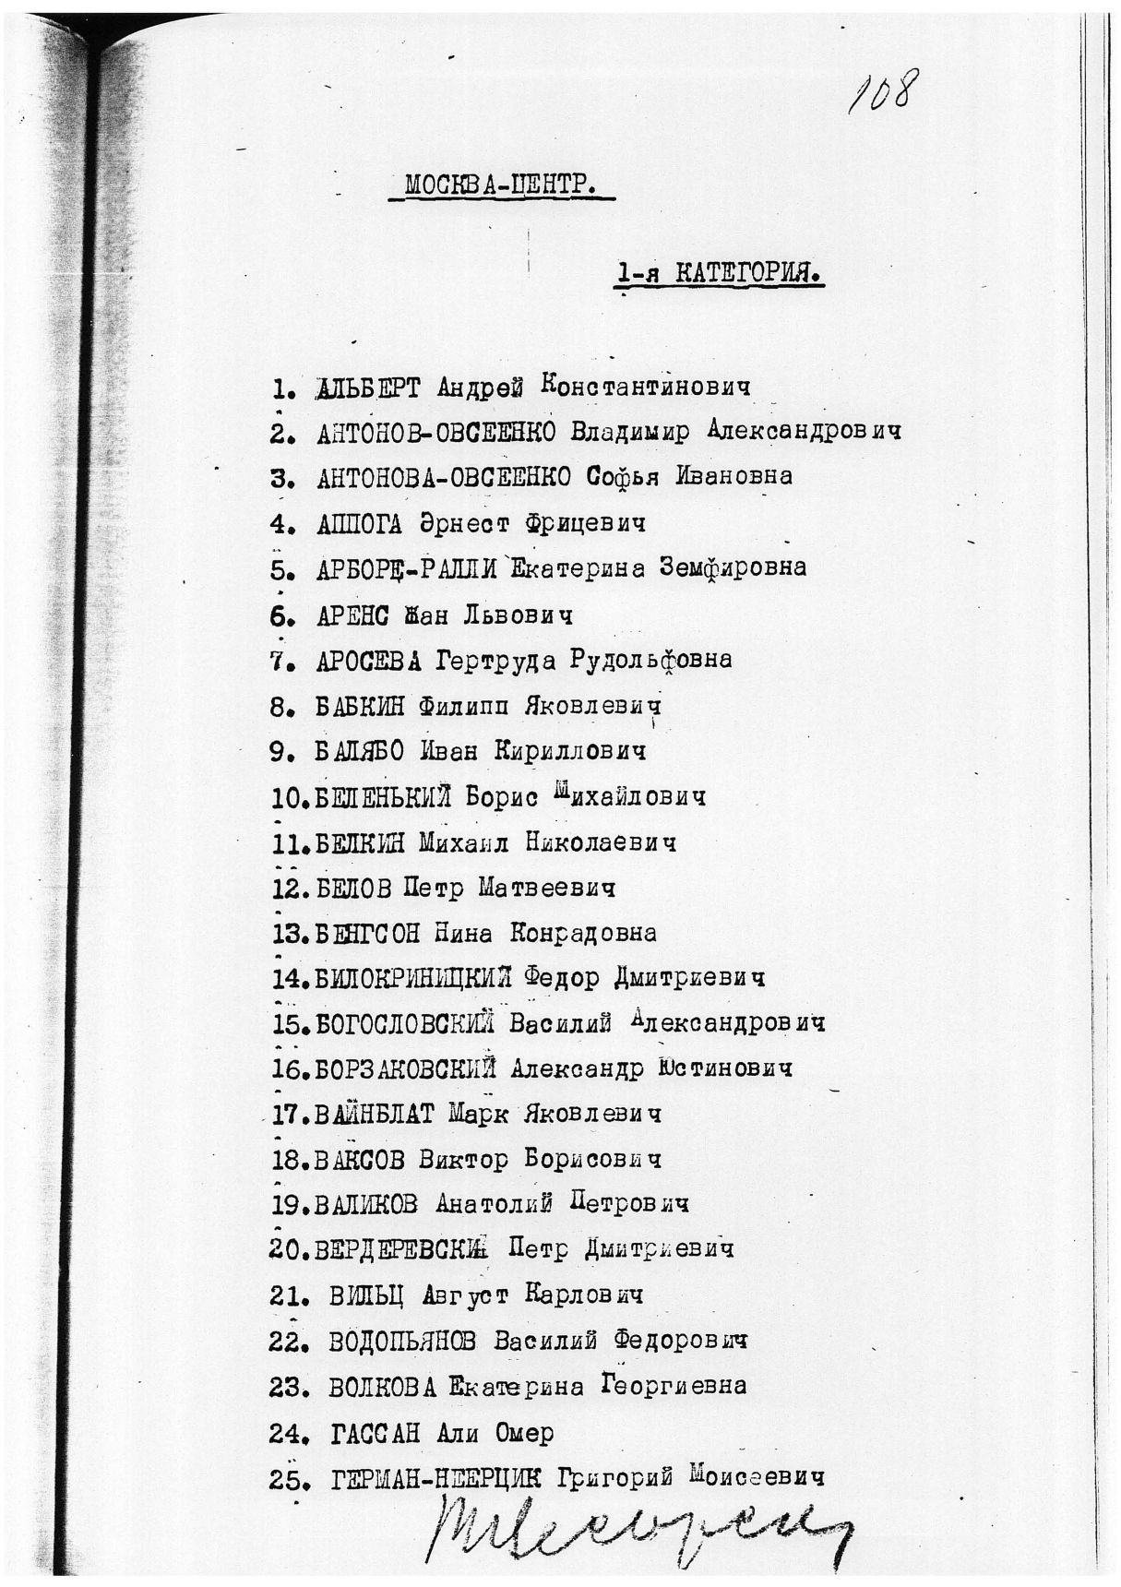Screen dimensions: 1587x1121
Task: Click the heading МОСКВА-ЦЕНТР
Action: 501,185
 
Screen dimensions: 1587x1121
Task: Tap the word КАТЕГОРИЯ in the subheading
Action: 748,273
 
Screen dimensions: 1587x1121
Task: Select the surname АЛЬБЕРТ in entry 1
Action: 367,388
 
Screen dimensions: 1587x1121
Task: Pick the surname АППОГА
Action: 359,523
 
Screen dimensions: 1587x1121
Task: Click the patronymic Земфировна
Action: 732,567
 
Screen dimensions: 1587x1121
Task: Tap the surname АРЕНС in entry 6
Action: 352,615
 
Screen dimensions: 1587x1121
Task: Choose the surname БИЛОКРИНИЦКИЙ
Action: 412,978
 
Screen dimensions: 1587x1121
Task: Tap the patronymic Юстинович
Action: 724,1068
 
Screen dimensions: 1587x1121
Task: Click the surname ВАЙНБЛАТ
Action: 374,1115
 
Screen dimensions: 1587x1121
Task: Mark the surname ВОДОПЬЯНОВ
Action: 401,1342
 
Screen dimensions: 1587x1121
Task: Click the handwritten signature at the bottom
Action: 637,1527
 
